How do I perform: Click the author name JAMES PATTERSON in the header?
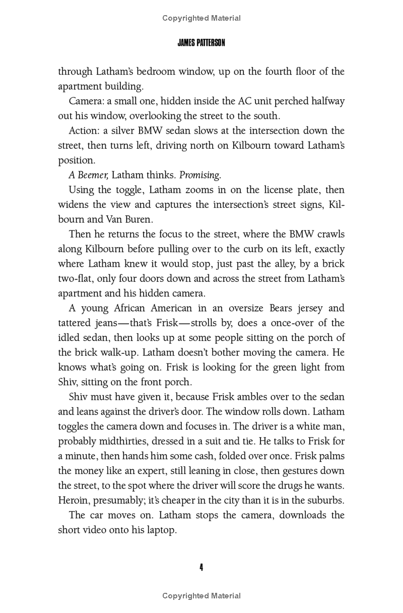(201, 43)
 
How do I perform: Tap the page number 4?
(201, 567)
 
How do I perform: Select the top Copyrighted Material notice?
(201, 18)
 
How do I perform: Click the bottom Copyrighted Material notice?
(201, 596)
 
